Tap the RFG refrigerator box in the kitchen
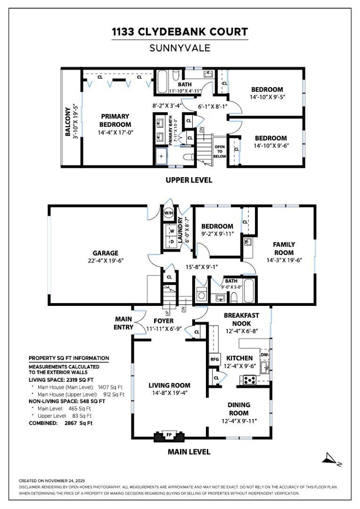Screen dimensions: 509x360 tap(215, 359)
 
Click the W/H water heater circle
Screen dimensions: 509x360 tap(168, 213)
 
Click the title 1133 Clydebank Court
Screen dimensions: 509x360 tap(180, 32)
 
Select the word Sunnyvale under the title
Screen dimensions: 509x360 tap(180, 48)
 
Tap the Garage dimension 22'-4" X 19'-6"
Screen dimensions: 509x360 tap(105, 261)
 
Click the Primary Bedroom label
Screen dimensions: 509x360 tap(115, 120)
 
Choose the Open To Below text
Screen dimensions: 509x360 tap(220, 151)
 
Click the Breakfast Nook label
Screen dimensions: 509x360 tap(241, 319)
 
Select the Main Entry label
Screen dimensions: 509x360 tap(123, 323)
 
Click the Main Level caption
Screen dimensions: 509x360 tap(189, 452)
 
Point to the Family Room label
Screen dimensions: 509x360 tap(284, 248)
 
